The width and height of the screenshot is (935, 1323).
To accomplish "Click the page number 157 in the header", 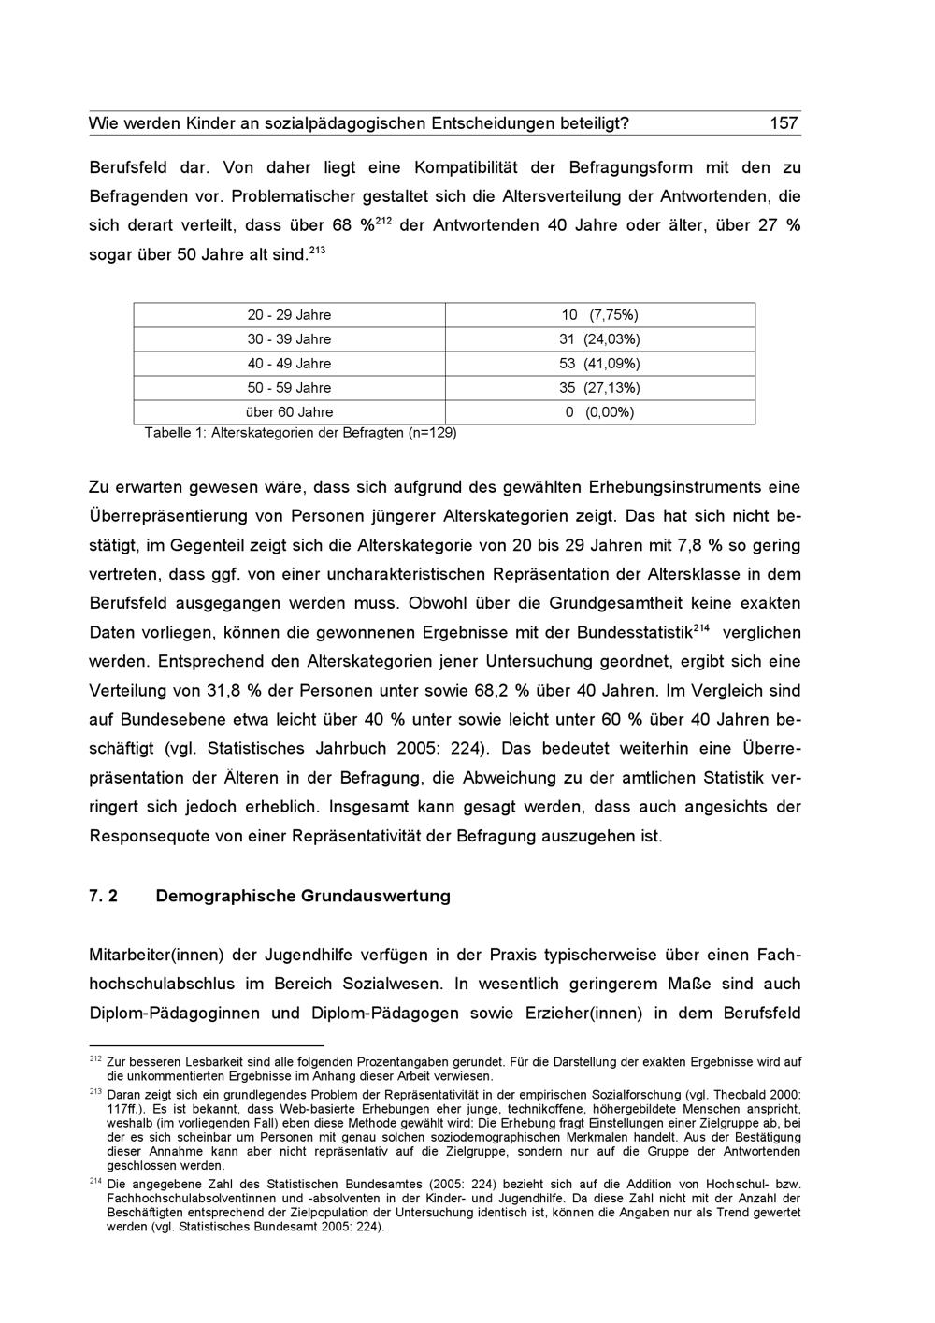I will point(783,123).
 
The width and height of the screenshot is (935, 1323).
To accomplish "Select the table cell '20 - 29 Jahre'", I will point(289,315).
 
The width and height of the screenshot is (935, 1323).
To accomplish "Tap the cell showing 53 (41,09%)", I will point(599,364).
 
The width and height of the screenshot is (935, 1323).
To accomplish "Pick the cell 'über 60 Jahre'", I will point(289,412).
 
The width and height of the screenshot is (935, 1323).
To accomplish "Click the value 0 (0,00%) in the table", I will point(599,412).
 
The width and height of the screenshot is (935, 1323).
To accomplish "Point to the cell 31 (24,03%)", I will point(599,339).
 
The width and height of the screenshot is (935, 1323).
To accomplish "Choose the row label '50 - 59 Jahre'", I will point(289,388).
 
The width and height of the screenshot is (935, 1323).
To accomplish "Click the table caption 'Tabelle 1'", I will point(175,433).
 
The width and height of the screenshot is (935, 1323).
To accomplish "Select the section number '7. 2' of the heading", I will point(104,896).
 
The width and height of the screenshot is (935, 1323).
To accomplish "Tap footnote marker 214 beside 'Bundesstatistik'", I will point(702,626).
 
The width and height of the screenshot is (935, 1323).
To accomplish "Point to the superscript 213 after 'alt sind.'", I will point(317,250).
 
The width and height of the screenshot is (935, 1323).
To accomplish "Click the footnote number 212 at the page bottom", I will point(95,1058).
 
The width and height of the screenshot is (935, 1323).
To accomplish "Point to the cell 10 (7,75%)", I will point(599,315).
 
